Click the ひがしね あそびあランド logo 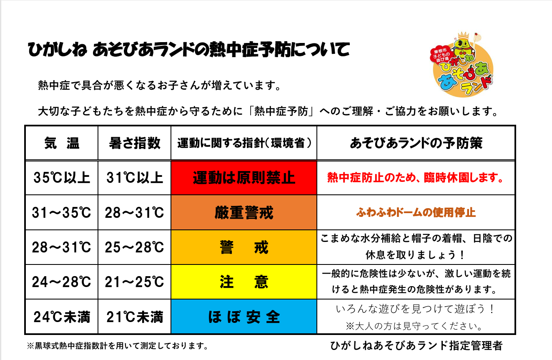click(x=462, y=65)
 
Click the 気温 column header click(x=62, y=143)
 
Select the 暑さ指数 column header click(x=135, y=143)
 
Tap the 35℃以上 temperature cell click(x=62, y=178)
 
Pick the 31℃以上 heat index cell click(x=135, y=178)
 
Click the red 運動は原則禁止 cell click(x=244, y=178)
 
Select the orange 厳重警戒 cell click(x=244, y=213)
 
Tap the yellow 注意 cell click(x=244, y=282)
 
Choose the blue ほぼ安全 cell click(x=244, y=317)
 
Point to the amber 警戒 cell click(x=244, y=247)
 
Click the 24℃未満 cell click(x=62, y=317)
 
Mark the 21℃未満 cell click(x=135, y=317)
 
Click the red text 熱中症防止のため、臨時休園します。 click(x=416, y=178)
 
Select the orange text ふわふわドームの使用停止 click(x=416, y=213)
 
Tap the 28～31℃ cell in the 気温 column click(x=62, y=247)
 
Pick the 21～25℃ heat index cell click(x=135, y=282)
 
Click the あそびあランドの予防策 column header click(x=416, y=143)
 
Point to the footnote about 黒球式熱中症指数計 click(x=118, y=346)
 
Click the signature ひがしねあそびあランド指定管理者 click(x=416, y=346)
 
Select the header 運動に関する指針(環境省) click(x=244, y=143)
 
